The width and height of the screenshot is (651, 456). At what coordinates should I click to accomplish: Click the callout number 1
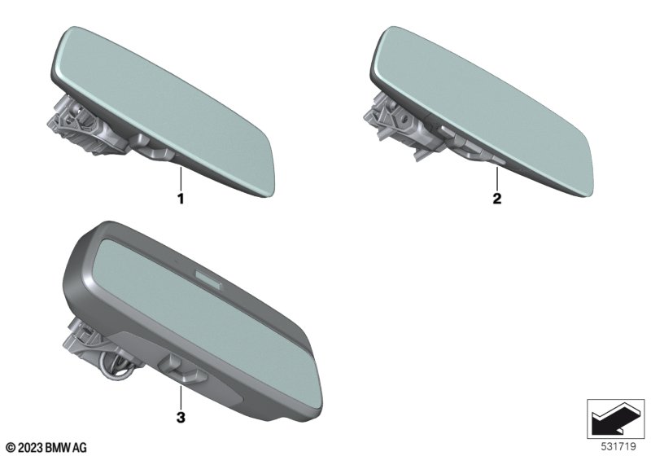181,199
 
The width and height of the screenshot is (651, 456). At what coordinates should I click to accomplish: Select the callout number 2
497,199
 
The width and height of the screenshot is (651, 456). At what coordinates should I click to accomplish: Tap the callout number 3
181,418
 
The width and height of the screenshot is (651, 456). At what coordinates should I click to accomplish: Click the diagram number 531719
618,446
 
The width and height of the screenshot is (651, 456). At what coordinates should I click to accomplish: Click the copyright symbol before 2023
11,448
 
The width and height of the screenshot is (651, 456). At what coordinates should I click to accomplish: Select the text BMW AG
66,448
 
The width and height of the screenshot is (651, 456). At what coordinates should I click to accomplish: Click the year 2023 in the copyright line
30,448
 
